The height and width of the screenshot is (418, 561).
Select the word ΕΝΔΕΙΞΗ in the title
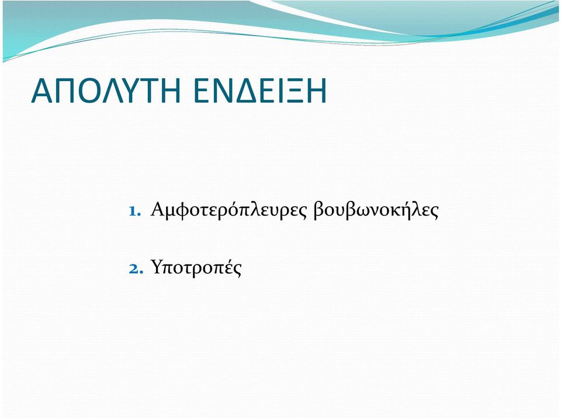[x=259, y=91]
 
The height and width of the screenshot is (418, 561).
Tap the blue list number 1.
[x=134, y=211]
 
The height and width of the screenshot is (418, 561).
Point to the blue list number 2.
[x=136, y=269]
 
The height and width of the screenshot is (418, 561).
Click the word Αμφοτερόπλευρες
[x=229, y=210]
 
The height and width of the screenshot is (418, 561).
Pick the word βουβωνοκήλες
[x=376, y=210]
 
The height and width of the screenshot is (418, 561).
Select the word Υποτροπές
[x=196, y=268]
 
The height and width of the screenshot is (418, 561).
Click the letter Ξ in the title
[x=289, y=91]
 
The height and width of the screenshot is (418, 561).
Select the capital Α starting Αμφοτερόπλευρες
[x=157, y=210]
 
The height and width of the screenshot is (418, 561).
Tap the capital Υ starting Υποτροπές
[x=157, y=267]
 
